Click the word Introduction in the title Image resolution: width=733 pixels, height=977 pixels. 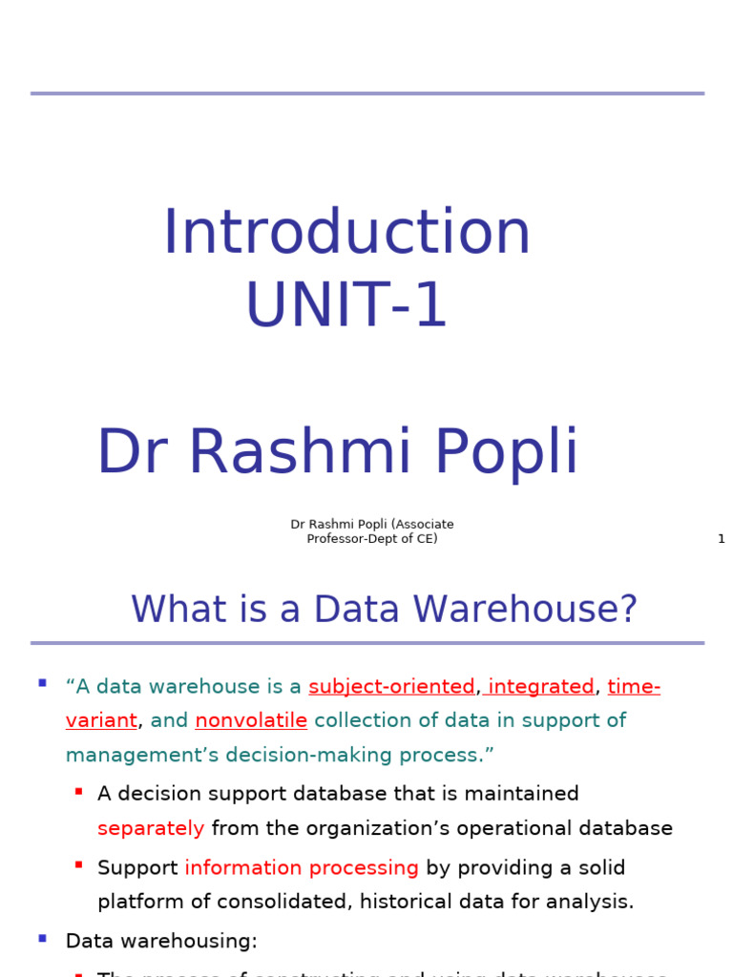click(346, 233)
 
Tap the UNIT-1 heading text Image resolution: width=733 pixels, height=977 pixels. click(346, 305)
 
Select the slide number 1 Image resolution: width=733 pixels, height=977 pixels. click(721, 539)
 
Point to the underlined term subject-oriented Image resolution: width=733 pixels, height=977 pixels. click(391, 687)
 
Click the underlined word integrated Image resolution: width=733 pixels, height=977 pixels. click(541, 687)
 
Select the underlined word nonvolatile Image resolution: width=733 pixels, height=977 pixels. click(251, 720)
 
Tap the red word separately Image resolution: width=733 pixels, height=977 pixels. click(151, 828)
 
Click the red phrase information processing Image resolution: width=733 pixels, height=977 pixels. click(302, 867)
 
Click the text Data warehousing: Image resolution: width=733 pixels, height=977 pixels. click(161, 941)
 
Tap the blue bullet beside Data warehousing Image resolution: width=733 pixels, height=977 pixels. click(42, 939)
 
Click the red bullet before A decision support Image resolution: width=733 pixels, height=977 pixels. click(78, 792)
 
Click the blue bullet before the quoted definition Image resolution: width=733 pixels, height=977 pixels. click(42, 683)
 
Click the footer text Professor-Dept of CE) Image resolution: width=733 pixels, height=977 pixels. click(372, 539)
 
